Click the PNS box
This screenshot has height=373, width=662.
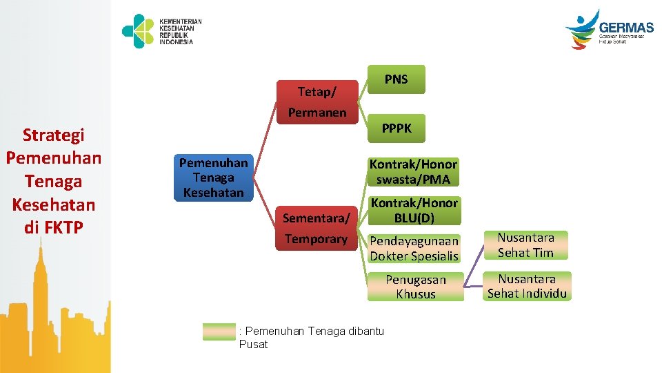[396, 79]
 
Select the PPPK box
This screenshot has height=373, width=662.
[397, 128]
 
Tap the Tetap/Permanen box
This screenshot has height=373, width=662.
[317, 102]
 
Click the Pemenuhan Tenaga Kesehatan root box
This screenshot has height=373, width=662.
[213, 178]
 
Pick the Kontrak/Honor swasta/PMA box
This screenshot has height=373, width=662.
[413, 172]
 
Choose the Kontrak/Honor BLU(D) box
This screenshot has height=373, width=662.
[414, 211]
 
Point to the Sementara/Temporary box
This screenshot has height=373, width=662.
[317, 229]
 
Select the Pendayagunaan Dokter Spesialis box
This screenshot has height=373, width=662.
[414, 249]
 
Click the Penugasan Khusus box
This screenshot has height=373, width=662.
[415, 287]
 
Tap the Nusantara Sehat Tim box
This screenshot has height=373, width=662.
[525, 245]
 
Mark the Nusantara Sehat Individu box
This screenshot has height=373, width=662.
[527, 286]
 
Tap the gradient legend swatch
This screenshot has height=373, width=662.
[219, 332]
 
